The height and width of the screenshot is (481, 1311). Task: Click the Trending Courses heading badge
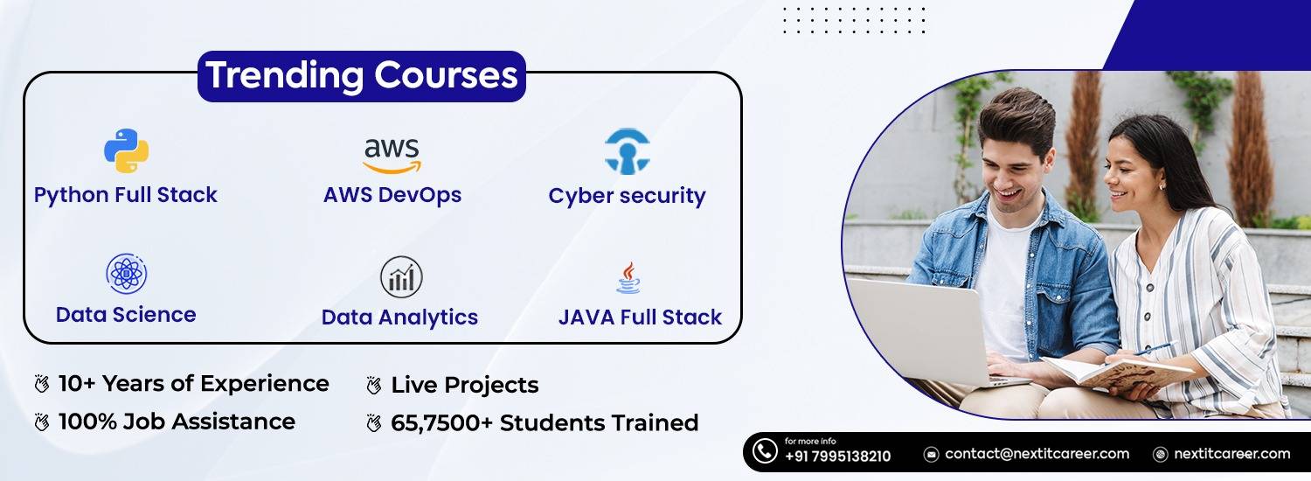coord(361,76)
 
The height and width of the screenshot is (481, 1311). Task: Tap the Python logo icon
coord(126,150)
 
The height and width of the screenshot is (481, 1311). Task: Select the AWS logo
coord(392,155)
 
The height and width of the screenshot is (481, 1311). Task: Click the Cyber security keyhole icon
coord(627,152)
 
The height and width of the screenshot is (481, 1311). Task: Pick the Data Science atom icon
coord(126,275)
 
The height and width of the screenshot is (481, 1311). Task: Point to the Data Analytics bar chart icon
coord(401,277)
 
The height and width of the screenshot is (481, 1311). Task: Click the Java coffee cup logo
coord(628,278)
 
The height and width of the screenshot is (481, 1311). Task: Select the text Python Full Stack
coord(125,194)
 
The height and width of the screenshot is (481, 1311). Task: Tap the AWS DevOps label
coord(392,194)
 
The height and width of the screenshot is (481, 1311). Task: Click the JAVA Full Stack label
coord(640,317)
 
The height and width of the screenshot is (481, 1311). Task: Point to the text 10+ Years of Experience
coord(193,383)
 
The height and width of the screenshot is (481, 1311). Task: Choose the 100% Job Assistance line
coord(177,422)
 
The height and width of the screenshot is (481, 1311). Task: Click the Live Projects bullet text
coord(464,385)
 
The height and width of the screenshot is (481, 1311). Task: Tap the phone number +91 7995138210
coord(837,457)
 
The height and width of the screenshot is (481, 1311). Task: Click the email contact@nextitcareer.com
coord(1037,454)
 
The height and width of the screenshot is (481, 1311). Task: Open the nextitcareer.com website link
coord(1231,454)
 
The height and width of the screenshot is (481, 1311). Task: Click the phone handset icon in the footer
coord(765,451)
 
